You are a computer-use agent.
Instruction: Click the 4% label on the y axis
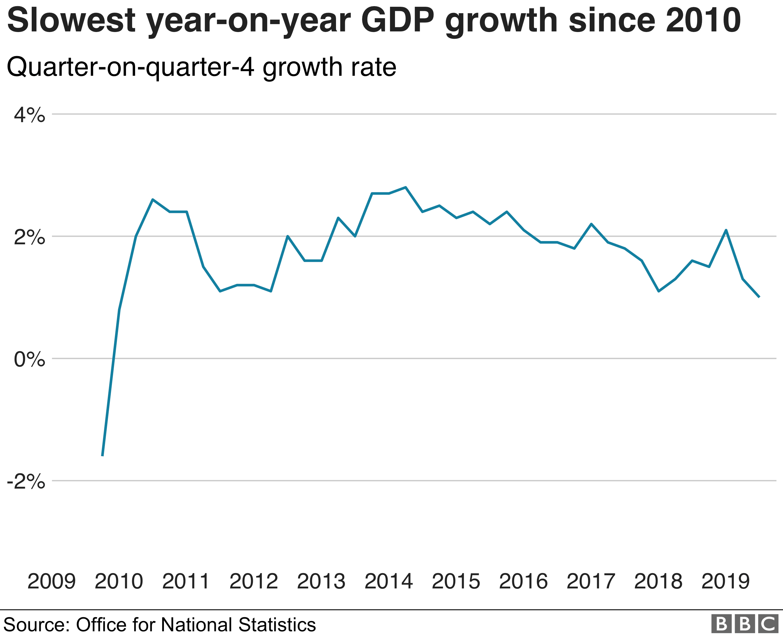point(29,115)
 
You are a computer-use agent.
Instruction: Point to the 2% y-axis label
point(29,238)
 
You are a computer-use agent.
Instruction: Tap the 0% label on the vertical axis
point(29,360)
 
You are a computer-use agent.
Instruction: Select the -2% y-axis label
point(26,482)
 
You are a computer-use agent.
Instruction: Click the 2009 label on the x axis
point(51,581)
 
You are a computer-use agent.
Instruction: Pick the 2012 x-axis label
point(253,581)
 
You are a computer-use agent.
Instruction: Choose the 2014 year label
point(388,581)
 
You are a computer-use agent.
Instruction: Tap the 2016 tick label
point(523,581)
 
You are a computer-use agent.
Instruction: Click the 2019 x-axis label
point(725,581)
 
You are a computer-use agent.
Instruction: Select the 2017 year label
point(591,581)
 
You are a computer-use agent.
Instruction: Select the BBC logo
point(745,624)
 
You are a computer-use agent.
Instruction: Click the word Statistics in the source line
point(277,625)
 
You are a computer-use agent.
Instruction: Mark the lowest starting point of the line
point(102,456)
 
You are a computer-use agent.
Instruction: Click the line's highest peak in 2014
point(406,187)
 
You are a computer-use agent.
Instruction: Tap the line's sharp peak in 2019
point(726,230)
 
